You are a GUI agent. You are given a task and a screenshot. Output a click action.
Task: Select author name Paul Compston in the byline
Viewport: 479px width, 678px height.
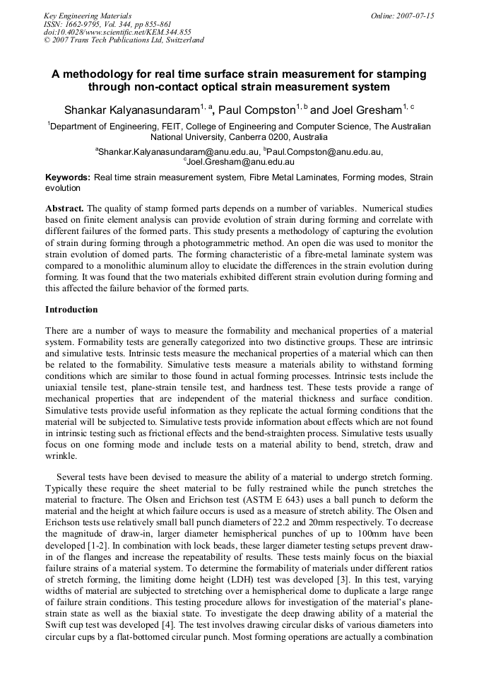(x=257, y=110)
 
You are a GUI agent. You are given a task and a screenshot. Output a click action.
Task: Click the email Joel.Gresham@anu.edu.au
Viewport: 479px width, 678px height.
(x=239, y=161)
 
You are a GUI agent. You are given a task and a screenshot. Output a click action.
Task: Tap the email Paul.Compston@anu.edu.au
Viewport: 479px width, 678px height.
(x=326, y=151)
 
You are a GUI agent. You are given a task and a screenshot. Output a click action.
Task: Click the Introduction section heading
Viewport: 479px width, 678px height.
(x=71, y=310)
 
